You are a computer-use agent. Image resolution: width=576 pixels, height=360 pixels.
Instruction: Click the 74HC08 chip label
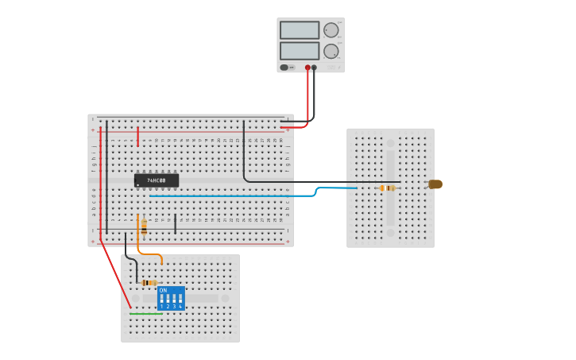(x=157, y=180)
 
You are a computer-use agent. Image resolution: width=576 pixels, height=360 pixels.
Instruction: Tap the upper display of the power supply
(x=300, y=30)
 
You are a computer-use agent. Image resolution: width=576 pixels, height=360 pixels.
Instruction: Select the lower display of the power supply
(x=300, y=51)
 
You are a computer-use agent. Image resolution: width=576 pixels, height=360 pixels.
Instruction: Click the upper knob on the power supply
(x=331, y=30)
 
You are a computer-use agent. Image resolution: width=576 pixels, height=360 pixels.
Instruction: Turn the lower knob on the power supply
(x=331, y=51)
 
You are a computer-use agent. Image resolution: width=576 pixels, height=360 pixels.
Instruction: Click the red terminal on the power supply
(x=307, y=68)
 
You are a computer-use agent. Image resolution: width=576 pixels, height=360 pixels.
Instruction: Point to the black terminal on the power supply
(x=315, y=68)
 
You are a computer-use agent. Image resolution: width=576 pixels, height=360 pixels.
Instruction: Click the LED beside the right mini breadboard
(x=435, y=184)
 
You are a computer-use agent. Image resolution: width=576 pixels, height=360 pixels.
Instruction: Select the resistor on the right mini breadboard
(x=388, y=188)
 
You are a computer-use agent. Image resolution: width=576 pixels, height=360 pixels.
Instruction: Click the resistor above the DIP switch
(x=149, y=282)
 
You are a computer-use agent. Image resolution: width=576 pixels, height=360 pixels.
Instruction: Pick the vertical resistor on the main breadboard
(x=144, y=226)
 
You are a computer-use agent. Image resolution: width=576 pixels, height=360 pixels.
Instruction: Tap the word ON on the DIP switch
(x=163, y=290)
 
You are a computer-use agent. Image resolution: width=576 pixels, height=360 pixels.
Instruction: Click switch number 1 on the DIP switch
(x=161, y=300)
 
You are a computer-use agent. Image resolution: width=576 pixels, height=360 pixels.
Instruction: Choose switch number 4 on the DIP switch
(x=180, y=300)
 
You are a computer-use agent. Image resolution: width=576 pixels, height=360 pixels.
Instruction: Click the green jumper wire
(x=145, y=313)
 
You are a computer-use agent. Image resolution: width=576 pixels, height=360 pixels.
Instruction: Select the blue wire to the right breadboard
(x=238, y=195)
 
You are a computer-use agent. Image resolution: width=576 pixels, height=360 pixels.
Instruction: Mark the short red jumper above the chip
(x=137, y=136)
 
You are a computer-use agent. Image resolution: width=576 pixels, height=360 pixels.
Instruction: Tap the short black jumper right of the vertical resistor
(x=175, y=223)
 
